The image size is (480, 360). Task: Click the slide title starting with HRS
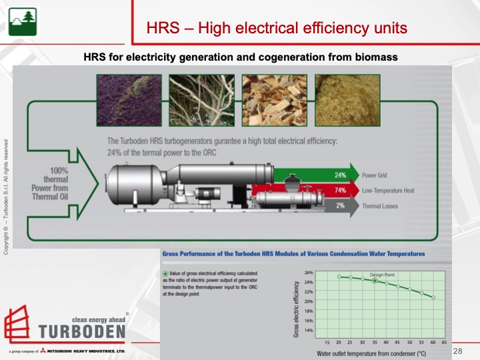[277, 28]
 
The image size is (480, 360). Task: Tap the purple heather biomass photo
[129, 99]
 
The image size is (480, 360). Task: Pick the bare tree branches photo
[201, 99]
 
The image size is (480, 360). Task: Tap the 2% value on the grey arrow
[339, 206]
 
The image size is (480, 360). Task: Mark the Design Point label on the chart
[382, 275]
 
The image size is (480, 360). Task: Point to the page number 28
[457, 351]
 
